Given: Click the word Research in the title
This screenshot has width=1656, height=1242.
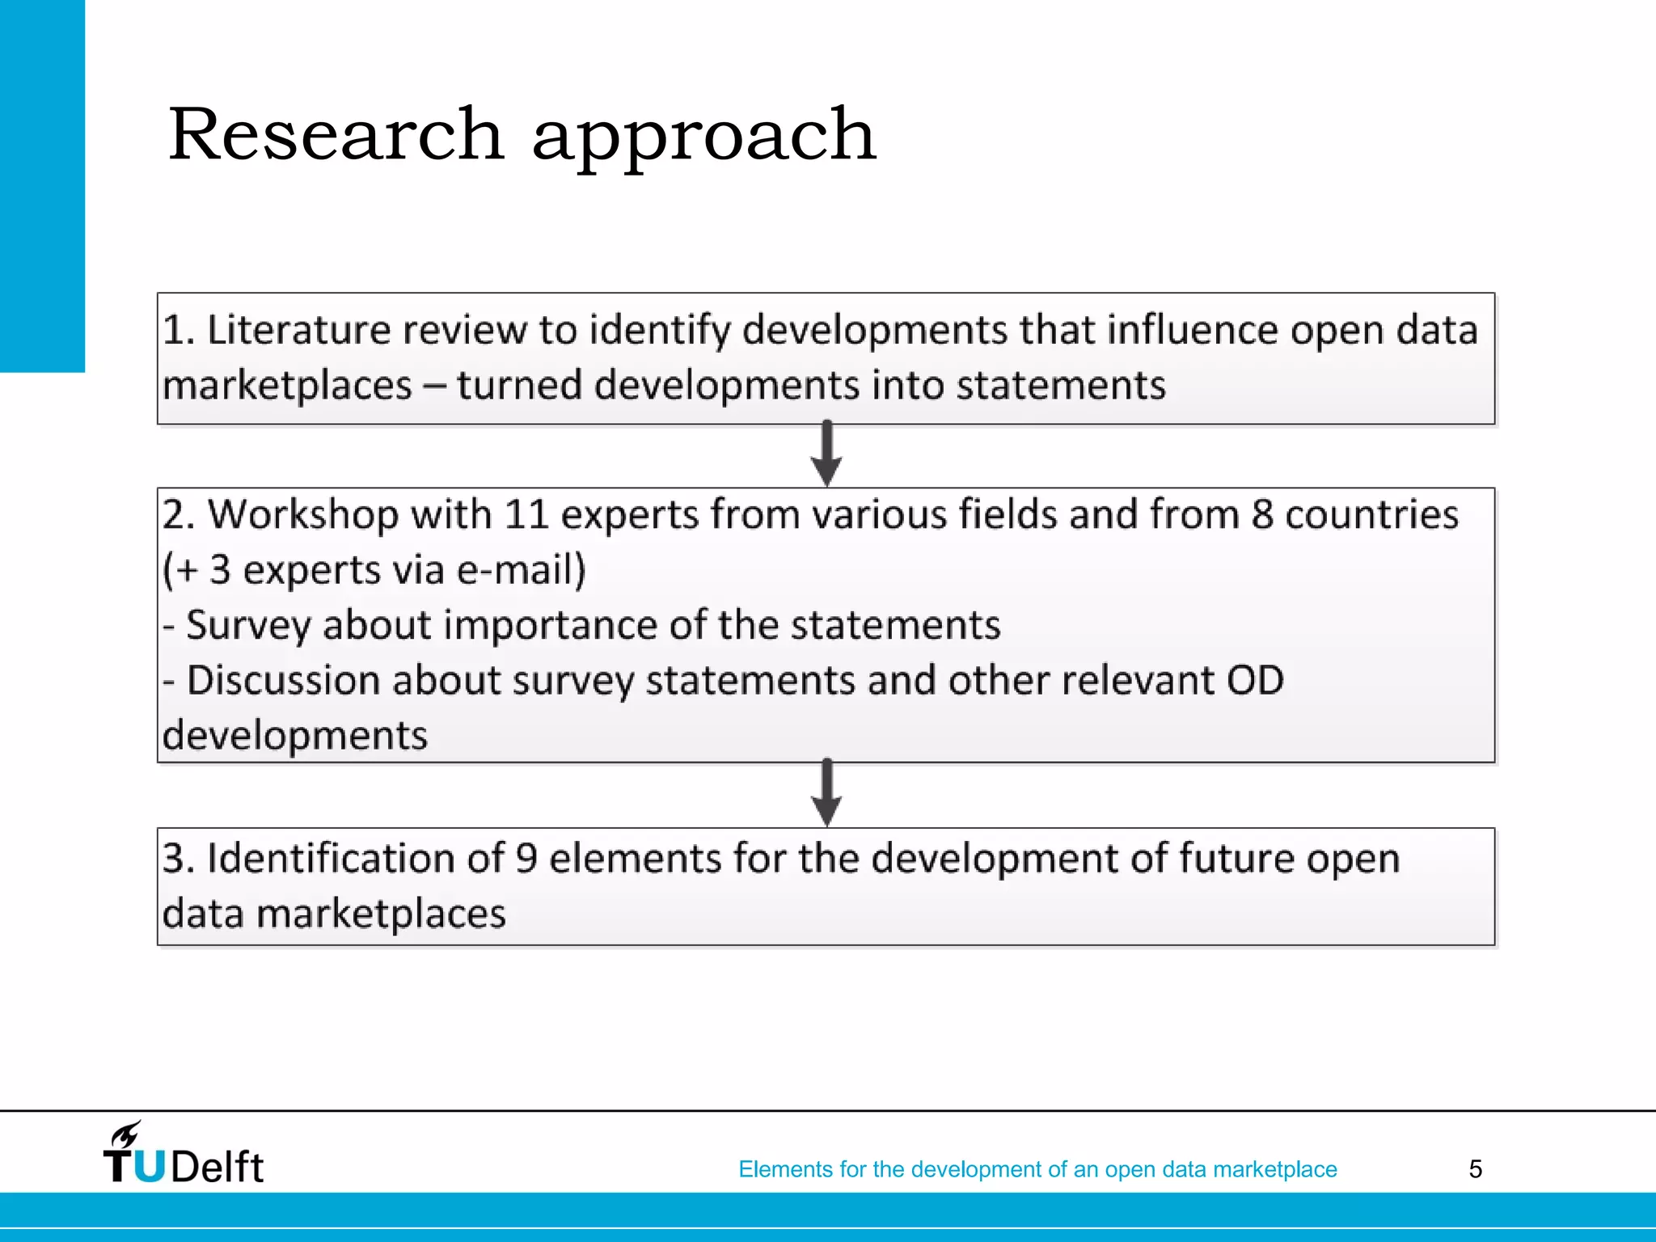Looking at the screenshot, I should coord(336,134).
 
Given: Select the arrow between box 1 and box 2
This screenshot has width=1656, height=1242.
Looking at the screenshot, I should coord(826,454).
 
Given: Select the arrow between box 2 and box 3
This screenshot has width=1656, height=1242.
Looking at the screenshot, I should coord(826,793).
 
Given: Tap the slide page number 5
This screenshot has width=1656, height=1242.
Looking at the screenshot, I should coord(1475,1169).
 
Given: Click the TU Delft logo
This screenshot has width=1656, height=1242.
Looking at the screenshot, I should coord(184,1155).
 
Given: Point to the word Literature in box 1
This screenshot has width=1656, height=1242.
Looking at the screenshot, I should coord(299,330).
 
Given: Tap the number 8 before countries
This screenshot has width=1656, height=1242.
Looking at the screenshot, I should coord(1262,515).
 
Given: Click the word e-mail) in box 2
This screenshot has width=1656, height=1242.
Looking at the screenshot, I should coord(521,570).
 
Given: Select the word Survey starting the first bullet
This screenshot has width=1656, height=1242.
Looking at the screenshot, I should coord(247,626).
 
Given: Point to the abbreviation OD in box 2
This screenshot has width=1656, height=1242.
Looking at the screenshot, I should coord(1255,680).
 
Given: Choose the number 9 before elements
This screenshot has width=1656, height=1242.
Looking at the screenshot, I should coord(526,858).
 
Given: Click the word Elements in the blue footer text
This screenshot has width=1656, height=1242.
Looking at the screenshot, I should coord(784,1169).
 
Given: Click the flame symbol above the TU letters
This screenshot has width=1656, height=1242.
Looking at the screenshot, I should coord(126,1134).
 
